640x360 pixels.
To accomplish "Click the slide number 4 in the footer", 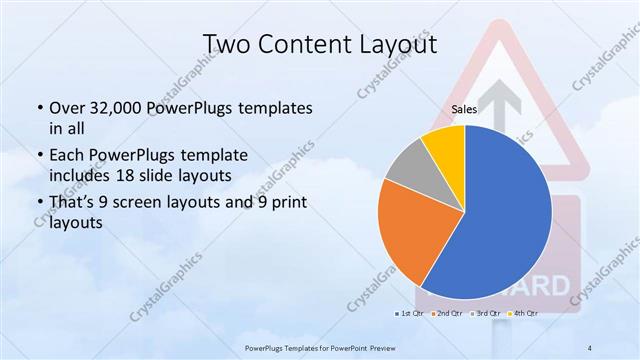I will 590,347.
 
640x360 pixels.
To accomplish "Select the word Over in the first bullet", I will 67,108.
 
